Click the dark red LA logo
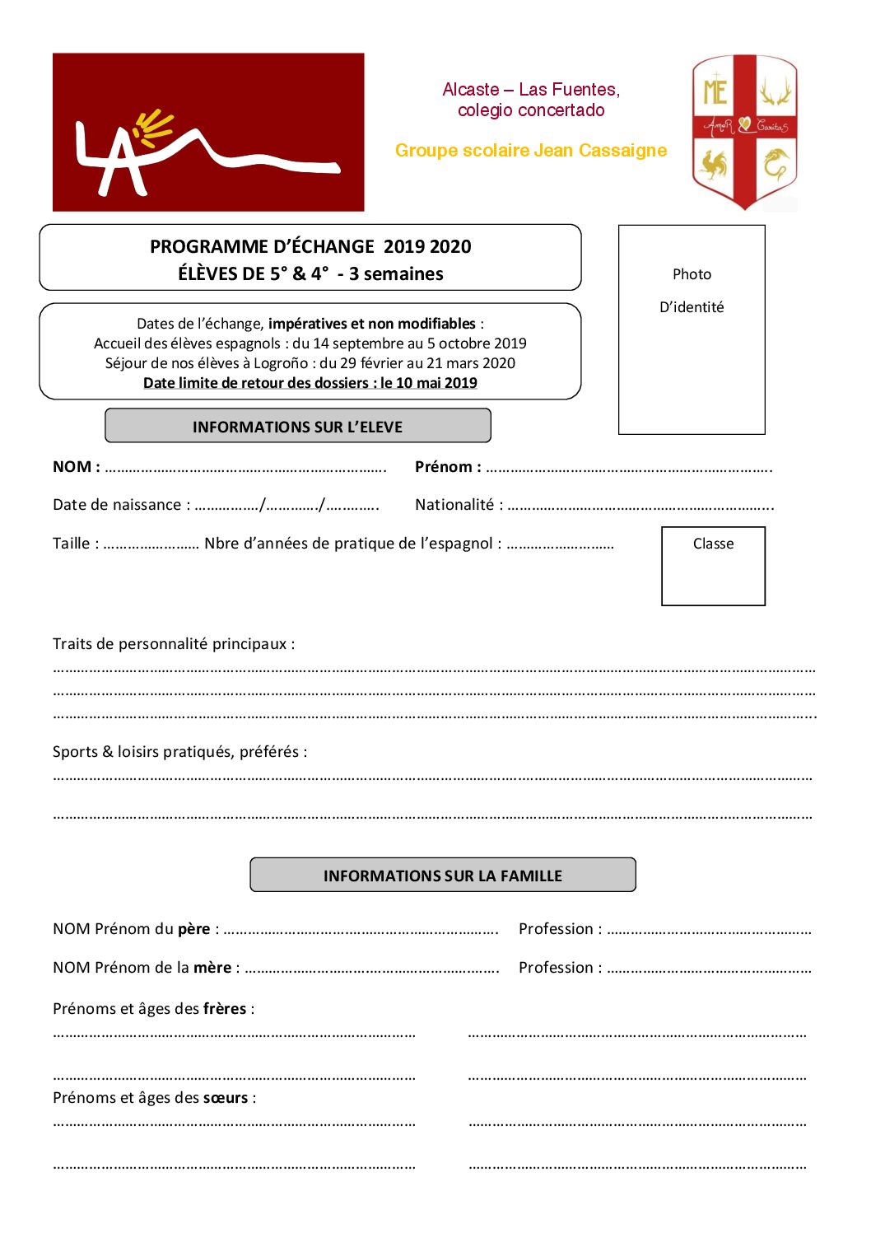208,132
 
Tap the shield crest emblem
744,132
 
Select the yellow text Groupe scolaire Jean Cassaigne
531,151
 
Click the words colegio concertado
531,110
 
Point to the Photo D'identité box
692,329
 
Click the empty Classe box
713,567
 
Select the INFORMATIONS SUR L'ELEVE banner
297,427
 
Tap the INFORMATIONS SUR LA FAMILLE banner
443,876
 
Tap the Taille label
75,544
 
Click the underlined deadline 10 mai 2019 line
310,383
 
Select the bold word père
194,929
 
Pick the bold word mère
212,968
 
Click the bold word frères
225,1009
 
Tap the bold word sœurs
226,1098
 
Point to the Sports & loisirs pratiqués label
179,752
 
